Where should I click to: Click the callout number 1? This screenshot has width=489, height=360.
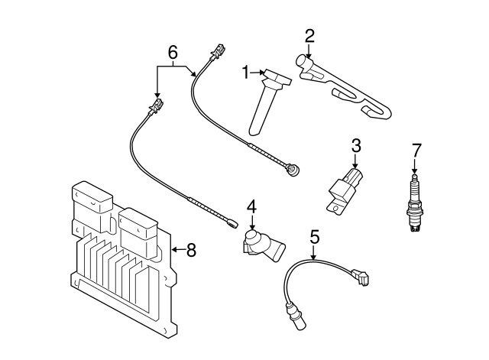click(x=246, y=73)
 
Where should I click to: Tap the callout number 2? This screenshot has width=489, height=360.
click(x=309, y=35)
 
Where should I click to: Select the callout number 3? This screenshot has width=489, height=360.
click(x=356, y=144)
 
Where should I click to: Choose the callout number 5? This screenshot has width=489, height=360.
click(x=314, y=237)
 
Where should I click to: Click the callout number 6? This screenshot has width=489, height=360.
click(x=173, y=52)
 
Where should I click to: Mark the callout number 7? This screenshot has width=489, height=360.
click(x=416, y=148)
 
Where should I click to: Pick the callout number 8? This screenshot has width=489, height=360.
click(x=191, y=249)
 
